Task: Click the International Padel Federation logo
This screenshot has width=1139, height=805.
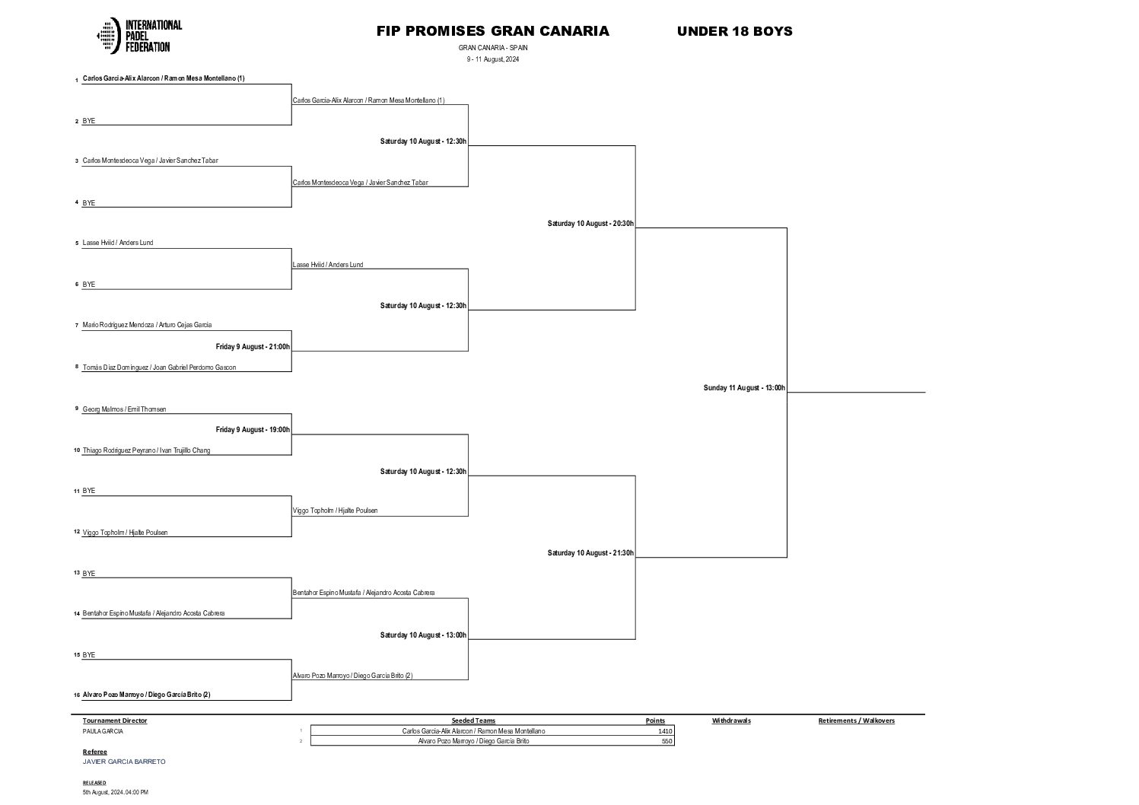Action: tap(139, 36)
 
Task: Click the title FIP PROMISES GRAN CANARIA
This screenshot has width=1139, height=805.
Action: tap(492, 31)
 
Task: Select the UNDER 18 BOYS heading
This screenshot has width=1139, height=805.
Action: tap(734, 31)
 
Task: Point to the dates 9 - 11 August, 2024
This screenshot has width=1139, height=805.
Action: tap(493, 59)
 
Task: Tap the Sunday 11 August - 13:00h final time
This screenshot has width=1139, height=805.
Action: tap(744, 388)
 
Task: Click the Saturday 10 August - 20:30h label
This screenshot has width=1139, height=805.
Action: tap(590, 224)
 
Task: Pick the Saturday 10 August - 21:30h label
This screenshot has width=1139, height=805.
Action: tap(590, 553)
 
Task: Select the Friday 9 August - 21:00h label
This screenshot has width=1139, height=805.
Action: tap(253, 347)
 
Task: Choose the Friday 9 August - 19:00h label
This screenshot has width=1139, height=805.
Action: tap(253, 430)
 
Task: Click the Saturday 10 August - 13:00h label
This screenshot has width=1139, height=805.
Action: tap(423, 635)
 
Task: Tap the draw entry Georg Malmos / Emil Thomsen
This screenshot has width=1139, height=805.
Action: tap(124, 409)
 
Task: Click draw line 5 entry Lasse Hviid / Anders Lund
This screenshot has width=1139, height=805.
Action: tap(118, 243)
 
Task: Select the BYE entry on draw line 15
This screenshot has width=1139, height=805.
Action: tap(89, 655)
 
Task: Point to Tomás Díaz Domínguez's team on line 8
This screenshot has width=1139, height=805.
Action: tap(159, 367)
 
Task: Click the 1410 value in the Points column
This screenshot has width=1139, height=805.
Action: tap(665, 731)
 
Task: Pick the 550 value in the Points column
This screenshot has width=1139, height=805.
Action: tap(667, 741)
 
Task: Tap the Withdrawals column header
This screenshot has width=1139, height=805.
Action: tap(731, 721)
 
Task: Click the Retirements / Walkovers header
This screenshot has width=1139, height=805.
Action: tap(856, 721)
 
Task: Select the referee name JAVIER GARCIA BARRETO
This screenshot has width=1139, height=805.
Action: tap(124, 762)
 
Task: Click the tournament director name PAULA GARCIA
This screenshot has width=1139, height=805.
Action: tap(103, 731)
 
